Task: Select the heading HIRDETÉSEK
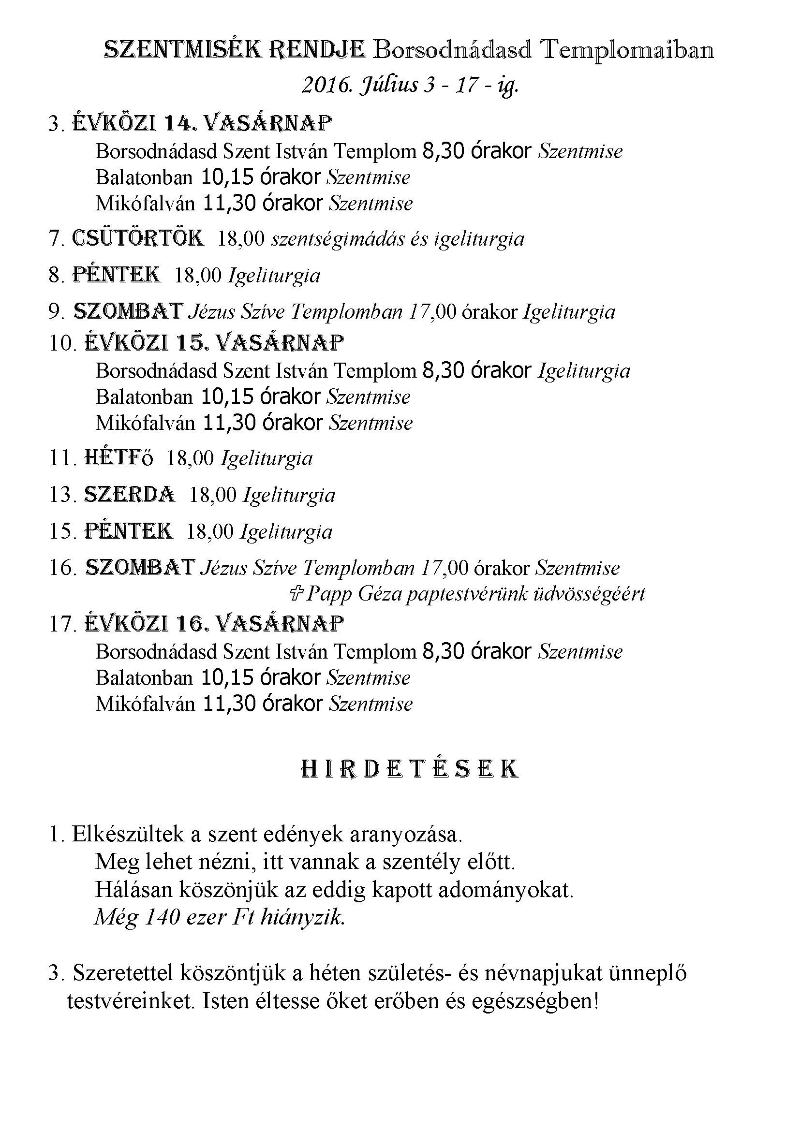pos(409,769)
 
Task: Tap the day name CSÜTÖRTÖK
pos(137,238)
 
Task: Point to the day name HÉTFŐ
pos(119,458)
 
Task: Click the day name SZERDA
pos(130,495)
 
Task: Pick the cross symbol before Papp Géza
pos(296,594)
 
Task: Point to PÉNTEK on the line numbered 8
pos(117,275)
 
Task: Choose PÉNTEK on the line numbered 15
pos(129,531)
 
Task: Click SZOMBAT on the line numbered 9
pos(128,311)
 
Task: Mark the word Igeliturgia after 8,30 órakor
pos(584,371)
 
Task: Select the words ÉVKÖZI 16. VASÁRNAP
pos(214,624)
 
